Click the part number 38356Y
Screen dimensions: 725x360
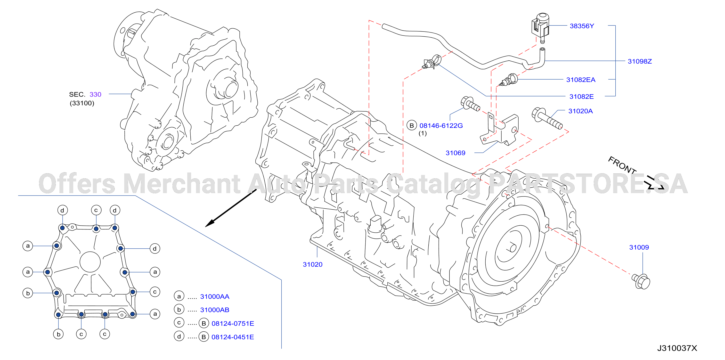(582, 26)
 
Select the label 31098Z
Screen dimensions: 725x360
(639, 61)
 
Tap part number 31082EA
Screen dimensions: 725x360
(581, 80)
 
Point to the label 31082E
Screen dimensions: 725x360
(581, 97)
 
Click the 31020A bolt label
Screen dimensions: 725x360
(580, 111)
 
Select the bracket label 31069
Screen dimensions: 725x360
(455, 153)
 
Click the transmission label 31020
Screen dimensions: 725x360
(312, 264)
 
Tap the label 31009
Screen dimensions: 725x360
(639, 247)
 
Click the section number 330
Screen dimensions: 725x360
(95, 94)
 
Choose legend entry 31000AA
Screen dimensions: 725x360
(215, 296)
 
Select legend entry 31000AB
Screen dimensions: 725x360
(215, 310)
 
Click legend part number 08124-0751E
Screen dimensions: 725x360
(233, 323)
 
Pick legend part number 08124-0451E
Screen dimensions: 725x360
(233, 337)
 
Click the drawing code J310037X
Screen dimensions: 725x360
(677, 348)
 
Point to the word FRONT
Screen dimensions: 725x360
(622, 165)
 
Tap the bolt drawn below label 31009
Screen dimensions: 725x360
(641, 281)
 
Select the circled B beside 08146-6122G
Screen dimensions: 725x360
(411, 125)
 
